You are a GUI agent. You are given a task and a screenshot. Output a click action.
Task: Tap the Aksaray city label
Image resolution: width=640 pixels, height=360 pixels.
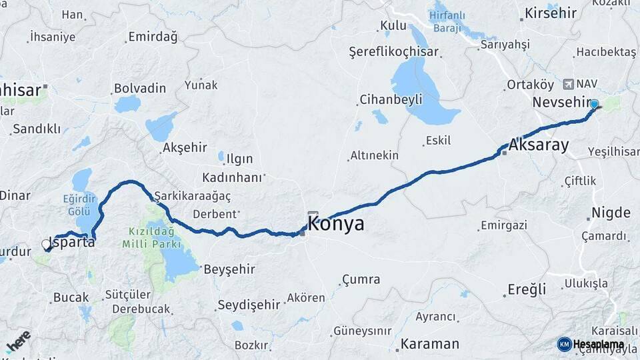click(539, 145)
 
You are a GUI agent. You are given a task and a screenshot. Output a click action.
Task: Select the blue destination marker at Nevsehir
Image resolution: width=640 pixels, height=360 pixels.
click(594, 103)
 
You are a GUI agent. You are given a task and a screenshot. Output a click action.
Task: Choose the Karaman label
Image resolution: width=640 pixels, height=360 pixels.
click(430, 345)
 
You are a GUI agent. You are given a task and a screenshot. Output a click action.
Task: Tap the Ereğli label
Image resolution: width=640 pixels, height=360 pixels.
click(527, 289)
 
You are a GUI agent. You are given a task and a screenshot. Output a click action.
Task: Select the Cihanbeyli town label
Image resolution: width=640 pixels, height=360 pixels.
click(391, 100)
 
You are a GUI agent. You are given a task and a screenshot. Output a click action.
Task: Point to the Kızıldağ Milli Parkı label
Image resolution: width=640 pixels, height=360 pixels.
click(151, 238)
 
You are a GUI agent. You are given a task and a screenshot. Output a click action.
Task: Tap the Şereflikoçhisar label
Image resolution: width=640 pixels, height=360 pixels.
click(394, 52)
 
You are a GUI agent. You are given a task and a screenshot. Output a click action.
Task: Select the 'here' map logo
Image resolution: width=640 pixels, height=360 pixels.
click(18, 341)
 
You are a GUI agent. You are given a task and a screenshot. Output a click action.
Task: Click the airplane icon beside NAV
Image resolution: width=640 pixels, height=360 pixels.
click(568, 84)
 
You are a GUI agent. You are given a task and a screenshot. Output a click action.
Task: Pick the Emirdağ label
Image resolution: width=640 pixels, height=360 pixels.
click(153, 37)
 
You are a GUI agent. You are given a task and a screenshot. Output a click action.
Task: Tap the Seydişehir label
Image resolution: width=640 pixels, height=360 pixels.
click(249, 305)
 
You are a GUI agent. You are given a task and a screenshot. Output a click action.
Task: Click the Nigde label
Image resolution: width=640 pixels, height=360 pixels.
click(611, 213)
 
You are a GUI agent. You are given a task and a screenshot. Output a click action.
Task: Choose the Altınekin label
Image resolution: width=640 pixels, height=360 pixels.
click(374, 155)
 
